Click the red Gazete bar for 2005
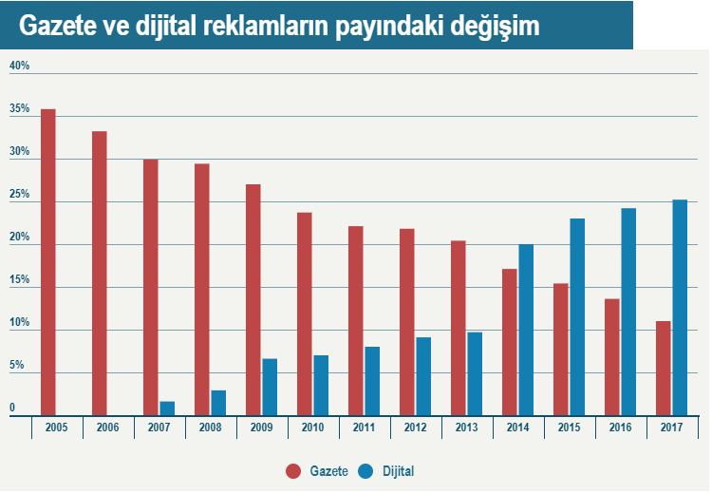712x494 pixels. (x=48, y=261)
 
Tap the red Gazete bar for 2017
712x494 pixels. (x=664, y=368)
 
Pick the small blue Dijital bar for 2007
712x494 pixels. (x=167, y=408)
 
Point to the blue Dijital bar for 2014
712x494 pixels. (x=526, y=330)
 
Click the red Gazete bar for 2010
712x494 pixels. (x=305, y=313)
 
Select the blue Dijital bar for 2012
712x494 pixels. (x=423, y=376)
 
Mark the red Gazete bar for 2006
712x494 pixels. (x=100, y=273)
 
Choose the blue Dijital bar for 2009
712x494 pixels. (x=270, y=387)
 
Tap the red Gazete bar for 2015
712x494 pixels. (x=561, y=349)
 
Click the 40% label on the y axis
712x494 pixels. (x=19, y=66)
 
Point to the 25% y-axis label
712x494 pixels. (x=19, y=195)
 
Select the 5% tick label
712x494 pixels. (x=16, y=365)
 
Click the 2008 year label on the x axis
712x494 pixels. (x=210, y=428)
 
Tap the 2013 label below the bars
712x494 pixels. (x=466, y=428)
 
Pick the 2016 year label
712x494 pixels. (x=620, y=428)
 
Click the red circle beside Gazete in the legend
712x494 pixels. (x=293, y=470)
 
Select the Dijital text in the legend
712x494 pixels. (x=398, y=470)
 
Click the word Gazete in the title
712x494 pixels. (x=57, y=27)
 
